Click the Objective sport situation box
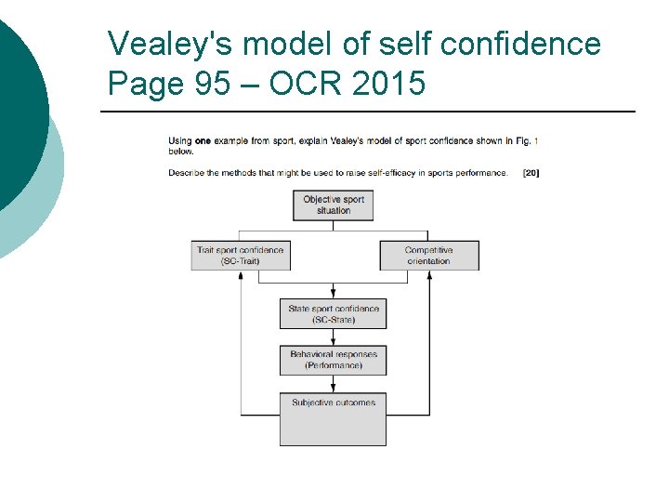point(334,205)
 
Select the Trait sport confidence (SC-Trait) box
point(240,256)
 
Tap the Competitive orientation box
point(428,256)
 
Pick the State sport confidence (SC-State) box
point(333,314)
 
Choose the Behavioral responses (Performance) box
point(333,360)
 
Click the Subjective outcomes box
point(333,418)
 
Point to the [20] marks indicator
point(531,173)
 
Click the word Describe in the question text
point(185,173)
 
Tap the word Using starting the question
point(180,141)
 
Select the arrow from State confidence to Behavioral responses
point(333,338)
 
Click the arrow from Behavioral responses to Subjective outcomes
point(333,384)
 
